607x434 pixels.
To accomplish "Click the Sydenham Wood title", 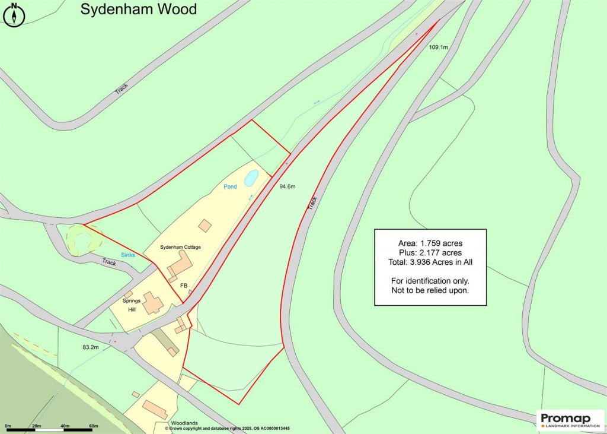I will (139, 10).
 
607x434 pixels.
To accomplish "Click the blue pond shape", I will (251, 177).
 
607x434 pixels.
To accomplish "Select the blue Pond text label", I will (230, 186).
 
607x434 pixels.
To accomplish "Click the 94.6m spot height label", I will (287, 186).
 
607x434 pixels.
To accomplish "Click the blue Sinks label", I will (128, 255).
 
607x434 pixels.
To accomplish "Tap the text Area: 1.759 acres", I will (430, 243).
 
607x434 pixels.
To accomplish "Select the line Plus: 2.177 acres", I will (430, 252).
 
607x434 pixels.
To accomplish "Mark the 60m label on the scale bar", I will (93, 426).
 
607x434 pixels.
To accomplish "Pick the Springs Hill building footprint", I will (153, 303).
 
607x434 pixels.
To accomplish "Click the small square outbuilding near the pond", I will (205, 226).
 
